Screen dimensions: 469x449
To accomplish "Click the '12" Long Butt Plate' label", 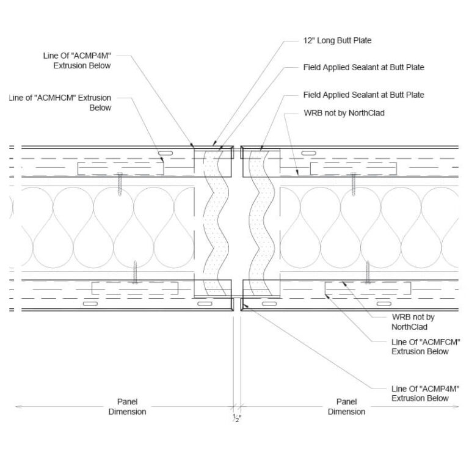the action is [337, 40].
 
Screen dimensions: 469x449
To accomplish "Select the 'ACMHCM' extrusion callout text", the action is [60, 103].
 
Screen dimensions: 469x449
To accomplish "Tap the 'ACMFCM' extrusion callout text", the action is [426, 347].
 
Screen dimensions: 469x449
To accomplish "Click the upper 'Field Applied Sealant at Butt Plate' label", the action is [364, 67].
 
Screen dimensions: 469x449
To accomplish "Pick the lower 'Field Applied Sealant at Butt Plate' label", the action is [364, 95].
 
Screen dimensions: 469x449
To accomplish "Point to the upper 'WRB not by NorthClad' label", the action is [344, 113].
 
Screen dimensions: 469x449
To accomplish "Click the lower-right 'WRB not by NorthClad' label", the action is [413, 322].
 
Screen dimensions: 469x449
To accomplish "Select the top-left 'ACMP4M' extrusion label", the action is [77, 60].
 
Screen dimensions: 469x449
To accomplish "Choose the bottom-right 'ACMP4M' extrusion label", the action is [425, 393].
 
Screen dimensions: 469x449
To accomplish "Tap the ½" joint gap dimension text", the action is [237, 418].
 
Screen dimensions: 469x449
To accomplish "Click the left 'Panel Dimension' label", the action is [127, 407].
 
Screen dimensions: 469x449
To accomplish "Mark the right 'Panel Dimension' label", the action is [346, 407].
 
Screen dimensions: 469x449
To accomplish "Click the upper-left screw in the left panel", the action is [120, 184].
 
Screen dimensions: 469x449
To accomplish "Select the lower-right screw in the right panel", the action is [368, 272].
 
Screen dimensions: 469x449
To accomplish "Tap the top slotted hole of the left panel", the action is [165, 153].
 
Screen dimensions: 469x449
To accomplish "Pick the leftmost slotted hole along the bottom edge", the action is [90, 304].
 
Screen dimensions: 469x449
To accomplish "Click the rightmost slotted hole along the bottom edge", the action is [384, 304].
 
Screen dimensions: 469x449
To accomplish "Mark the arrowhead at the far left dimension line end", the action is [18, 406].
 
